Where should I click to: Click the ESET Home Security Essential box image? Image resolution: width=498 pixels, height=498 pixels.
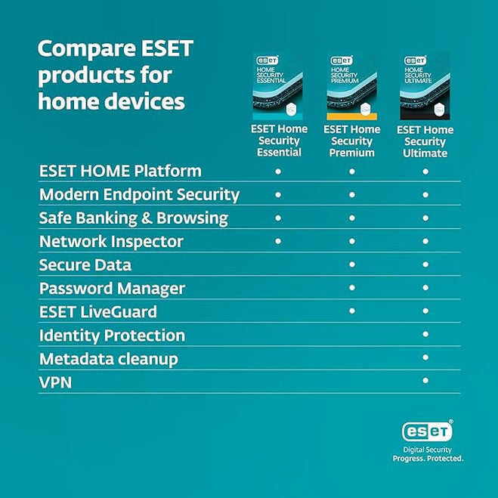277,87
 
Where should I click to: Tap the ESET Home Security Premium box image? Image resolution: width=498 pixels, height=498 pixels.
351,87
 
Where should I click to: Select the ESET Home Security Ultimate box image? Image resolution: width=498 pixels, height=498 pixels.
425,87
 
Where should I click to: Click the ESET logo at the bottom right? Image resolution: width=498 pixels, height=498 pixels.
427,431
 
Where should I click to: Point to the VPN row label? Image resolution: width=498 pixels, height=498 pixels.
55,382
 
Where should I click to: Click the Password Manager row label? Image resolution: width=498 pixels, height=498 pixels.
112,289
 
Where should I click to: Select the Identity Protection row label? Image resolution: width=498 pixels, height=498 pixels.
112,336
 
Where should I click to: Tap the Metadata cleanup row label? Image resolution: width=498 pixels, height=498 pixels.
108,359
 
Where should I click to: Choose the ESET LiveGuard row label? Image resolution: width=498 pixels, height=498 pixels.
99,312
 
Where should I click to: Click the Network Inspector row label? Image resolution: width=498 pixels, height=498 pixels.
111,242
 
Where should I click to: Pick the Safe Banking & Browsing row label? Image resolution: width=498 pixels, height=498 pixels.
133,218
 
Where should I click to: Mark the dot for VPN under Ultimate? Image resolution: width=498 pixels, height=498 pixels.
425,381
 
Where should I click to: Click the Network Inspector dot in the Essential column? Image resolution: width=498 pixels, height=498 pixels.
278,241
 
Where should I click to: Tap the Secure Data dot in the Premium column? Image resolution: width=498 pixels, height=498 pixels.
351,264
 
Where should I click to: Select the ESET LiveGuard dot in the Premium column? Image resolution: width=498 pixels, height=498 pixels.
351,311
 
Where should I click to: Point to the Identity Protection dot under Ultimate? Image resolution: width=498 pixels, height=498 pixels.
425,334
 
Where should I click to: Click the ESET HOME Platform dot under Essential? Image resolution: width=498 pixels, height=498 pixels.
278,172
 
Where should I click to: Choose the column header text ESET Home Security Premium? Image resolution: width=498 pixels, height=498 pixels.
351,141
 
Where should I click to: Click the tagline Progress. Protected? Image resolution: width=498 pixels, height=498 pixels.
428,458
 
